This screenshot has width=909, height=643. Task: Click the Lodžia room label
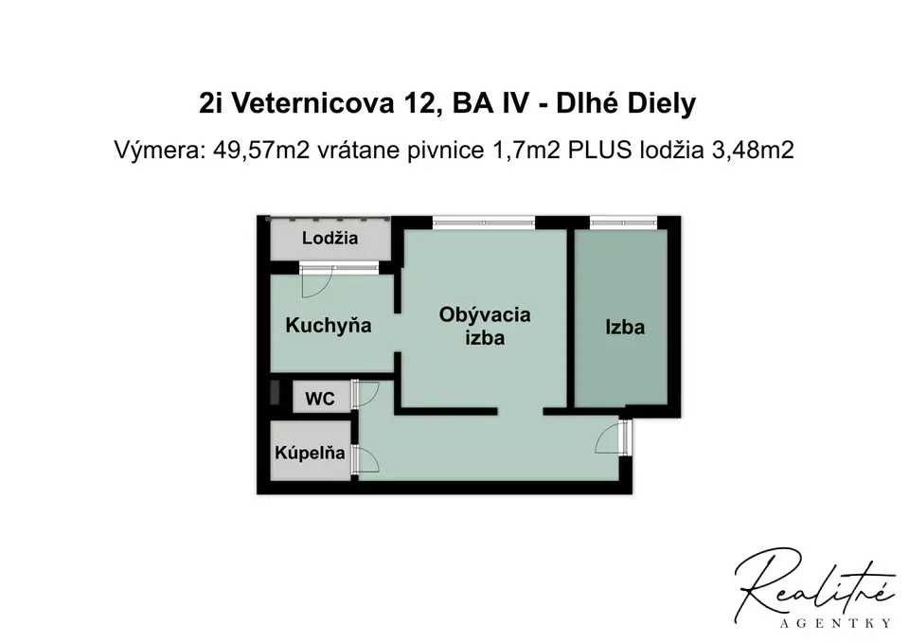pyautogui.click(x=330, y=239)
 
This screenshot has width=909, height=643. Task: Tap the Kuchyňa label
pyautogui.click(x=329, y=325)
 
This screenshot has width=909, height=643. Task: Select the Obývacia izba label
pyautogui.click(x=485, y=326)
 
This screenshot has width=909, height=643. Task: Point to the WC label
pyautogui.click(x=320, y=399)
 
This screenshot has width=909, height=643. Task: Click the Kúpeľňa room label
pyautogui.click(x=311, y=453)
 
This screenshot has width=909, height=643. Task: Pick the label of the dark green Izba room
pyautogui.click(x=625, y=327)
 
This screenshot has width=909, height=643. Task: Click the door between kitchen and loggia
pyautogui.click(x=316, y=282)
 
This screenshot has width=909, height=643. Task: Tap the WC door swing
pyautogui.click(x=365, y=394)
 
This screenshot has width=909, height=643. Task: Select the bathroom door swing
pyautogui.click(x=365, y=460)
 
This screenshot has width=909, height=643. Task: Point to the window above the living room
pyautogui.click(x=484, y=221)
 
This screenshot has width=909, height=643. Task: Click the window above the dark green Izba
pyautogui.click(x=624, y=221)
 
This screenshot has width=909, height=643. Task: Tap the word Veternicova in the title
pyautogui.click(x=313, y=104)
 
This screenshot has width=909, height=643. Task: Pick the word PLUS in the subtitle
pyautogui.click(x=598, y=151)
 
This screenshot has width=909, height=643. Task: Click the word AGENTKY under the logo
pyautogui.click(x=836, y=624)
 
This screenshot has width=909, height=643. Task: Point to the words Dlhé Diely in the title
pyautogui.click(x=626, y=104)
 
